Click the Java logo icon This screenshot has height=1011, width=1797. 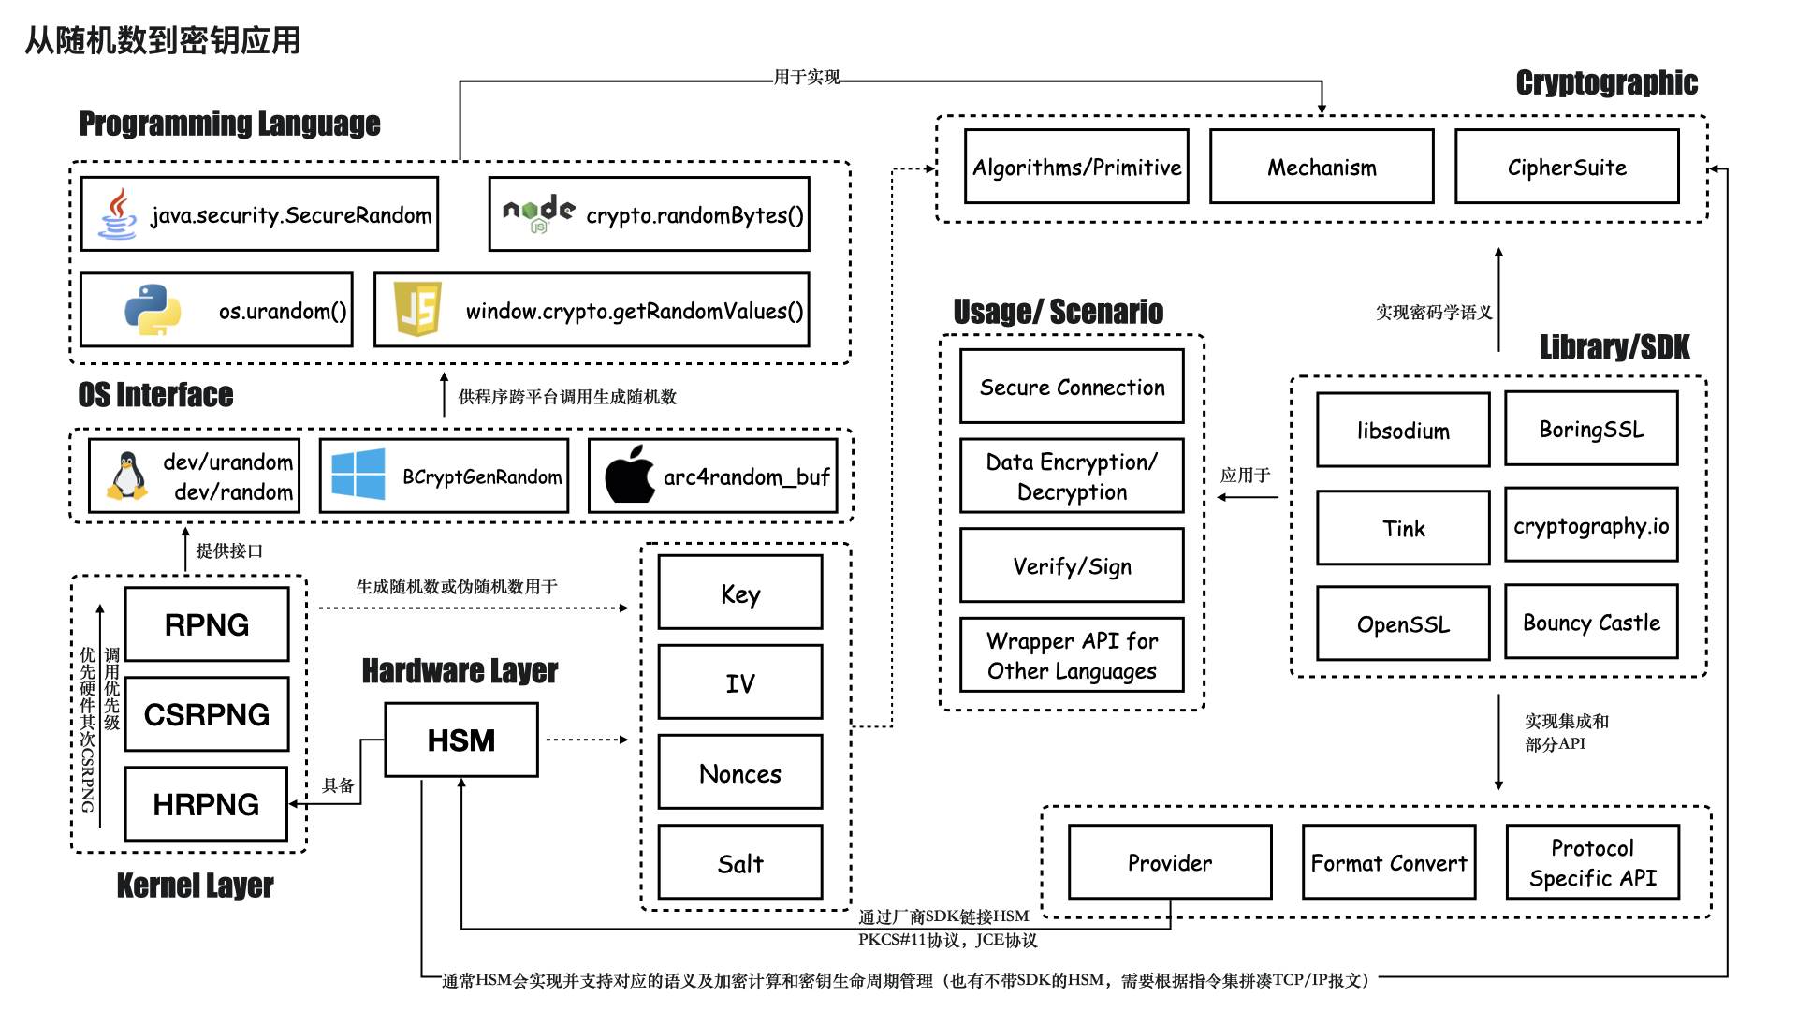pos(117,214)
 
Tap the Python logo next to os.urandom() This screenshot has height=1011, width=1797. pos(153,310)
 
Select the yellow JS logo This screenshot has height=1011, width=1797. pos(417,310)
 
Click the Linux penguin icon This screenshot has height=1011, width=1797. pos(127,476)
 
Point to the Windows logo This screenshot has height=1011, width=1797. pos(358,474)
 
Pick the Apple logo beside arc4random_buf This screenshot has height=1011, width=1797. pos(629,475)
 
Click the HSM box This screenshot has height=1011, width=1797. pos(461,740)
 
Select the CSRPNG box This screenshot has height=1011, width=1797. pos(207,714)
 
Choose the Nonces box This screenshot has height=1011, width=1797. pos(740,772)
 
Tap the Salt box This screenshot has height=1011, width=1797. pos(740,863)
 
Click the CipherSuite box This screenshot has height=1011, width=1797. pos(1567,167)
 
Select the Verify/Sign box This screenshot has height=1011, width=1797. pos(1072,565)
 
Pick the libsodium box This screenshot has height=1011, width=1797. pos(1403,431)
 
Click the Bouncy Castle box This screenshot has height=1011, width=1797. pos(1591,623)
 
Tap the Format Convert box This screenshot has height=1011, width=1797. pos(1389,862)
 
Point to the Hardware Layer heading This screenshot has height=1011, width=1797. pos(460,670)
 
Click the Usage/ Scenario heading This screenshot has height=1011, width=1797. pos(1058,311)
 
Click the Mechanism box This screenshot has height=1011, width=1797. pos(1322,167)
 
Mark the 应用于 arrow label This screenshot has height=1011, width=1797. pos(1245,475)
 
